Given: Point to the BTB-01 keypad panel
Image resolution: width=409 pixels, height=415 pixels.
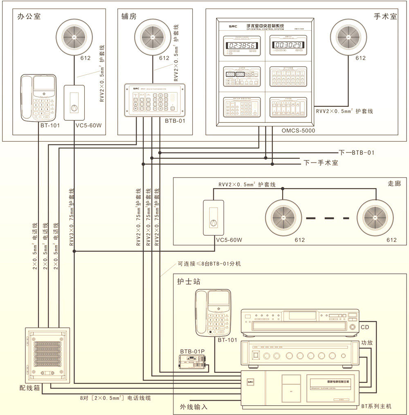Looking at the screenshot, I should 155,100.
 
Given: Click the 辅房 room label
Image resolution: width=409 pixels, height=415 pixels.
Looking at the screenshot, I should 129,17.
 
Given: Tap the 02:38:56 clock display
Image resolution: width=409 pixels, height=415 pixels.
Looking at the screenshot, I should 242,45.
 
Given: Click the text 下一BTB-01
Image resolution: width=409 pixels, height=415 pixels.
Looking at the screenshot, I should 357,153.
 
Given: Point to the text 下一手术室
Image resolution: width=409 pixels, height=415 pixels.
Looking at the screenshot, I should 321,162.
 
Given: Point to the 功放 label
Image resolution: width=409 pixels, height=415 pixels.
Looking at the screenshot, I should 366,343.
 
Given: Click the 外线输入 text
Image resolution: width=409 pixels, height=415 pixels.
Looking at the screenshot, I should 194,407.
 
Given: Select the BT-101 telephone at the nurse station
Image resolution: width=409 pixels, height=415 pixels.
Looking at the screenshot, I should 213,312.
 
